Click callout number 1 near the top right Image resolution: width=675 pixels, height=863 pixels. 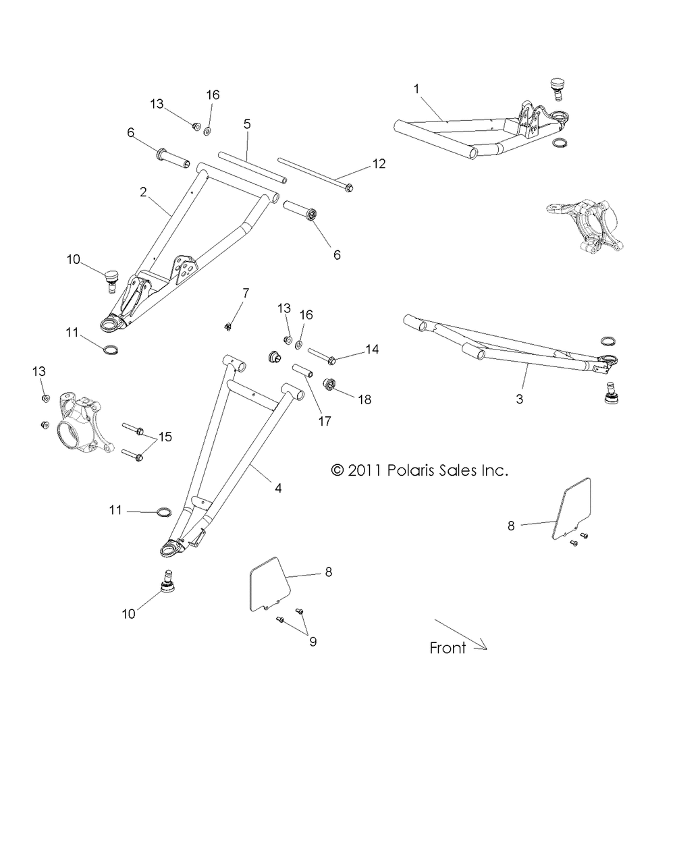(416, 88)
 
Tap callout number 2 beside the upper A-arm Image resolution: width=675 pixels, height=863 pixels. (143, 192)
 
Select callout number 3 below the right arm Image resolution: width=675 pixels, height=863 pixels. (519, 399)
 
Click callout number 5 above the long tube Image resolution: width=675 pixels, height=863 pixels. (247, 124)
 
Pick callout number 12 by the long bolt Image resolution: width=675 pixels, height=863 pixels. (379, 164)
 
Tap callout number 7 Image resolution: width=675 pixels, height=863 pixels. (245, 293)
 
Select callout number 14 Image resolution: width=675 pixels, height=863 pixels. (372, 350)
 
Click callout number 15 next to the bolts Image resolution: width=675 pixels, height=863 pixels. (164, 437)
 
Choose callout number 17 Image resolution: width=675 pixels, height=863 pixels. (325, 420)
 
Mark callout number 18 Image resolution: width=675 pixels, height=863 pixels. (364, 399)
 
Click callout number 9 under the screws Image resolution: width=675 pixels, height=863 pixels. (313, 641)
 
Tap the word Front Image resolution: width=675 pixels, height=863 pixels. (448, 648)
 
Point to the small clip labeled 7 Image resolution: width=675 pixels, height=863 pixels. (230, 327)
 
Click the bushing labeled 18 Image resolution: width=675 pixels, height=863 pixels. (331, 384)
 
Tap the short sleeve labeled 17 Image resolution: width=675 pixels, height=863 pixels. (301, 370)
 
